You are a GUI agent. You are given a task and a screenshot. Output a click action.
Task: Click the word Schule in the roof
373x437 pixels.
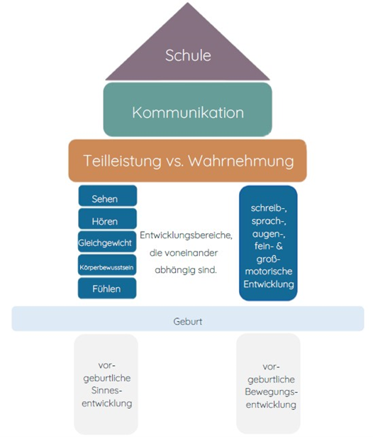point(188,55)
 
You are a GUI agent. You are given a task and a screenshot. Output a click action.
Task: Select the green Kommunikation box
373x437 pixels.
point(188,109)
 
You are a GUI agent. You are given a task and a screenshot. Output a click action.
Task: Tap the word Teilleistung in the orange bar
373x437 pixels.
point(123,161)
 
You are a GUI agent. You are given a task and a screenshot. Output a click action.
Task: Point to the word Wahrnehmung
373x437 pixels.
point(241,161)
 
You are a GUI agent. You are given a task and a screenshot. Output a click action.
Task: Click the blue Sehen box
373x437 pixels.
point(108,196)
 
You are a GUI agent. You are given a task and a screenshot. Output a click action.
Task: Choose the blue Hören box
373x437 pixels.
point(108,219)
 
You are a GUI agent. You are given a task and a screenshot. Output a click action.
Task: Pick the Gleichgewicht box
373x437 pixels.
point(107,242)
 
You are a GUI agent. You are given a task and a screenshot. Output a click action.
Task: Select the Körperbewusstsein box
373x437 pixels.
point(107,265)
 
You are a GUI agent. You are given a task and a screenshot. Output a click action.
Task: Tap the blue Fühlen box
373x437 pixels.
point(107,288)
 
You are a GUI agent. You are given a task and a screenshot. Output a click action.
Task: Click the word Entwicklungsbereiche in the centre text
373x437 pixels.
point(186,235)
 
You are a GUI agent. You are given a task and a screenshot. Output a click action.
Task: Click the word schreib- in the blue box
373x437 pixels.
point(269,208)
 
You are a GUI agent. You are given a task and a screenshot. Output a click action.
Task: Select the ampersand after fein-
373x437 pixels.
point(279,246)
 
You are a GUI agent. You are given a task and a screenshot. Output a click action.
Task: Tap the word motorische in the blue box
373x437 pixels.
point(269,271)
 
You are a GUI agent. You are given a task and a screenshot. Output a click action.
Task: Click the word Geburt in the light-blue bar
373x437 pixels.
point(188,321)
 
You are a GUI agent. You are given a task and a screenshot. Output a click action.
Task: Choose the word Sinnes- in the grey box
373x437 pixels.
point(107,390)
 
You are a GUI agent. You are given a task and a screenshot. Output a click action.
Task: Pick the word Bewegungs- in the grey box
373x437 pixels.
point(271,392)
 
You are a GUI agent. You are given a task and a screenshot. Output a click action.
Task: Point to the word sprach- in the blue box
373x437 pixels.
point(269,221)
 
